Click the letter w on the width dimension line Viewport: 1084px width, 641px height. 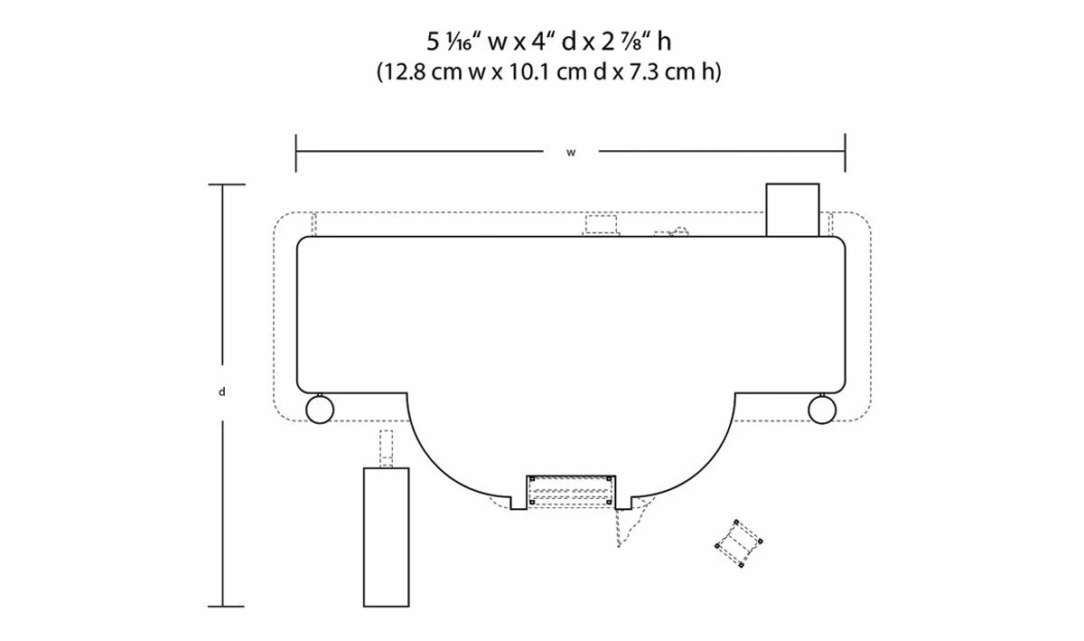pos(571,153)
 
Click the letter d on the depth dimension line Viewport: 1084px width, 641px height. pos(222,392)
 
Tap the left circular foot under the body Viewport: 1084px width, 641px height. pos(320,410)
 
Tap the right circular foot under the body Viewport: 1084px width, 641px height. pos(822,410)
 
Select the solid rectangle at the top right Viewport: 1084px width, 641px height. pos(793,210)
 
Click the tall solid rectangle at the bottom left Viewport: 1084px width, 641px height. pos(387,537)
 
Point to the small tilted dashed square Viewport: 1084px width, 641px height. pos(739,543)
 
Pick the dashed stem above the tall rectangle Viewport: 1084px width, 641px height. pos(386,448)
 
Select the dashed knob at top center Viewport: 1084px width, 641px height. pos(601,226)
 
